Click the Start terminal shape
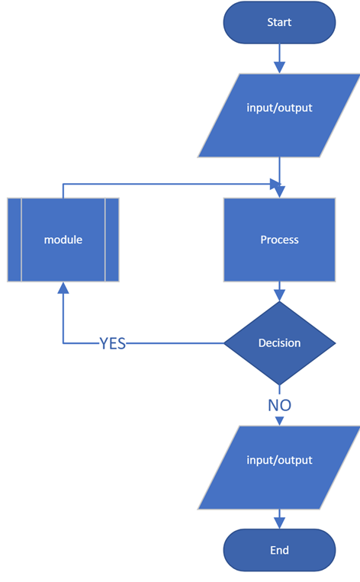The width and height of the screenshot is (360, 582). pos(279,22)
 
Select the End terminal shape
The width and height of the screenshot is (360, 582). pos(279,550)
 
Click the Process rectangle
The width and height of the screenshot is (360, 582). pos(279,240)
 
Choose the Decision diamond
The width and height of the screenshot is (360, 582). pos(279,343)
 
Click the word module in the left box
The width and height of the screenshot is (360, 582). pos(63,240)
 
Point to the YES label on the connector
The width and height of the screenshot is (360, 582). pos(112,344)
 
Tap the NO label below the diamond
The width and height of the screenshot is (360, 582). pos(279,405)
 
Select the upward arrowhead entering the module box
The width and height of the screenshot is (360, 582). pos(63,288)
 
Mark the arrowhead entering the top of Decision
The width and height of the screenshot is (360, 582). pos(279,295)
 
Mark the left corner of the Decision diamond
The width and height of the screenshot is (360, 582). pos(225,343)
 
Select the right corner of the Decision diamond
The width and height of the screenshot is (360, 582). pos(334,343)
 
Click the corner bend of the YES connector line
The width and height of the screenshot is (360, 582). pos(63,343)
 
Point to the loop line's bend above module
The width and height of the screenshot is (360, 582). pos(63,184)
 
